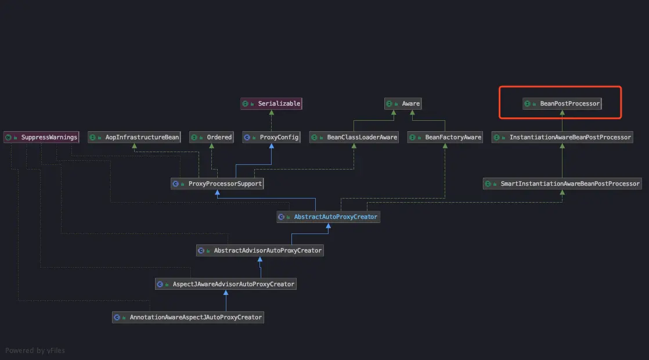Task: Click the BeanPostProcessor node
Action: tap(562, 104)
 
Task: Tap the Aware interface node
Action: tap(403, 103)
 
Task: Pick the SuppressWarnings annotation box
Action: tap(41, 137)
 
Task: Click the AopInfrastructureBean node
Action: tap(135, 137)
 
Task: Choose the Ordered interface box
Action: tap(212, 137)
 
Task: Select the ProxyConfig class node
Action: tap(272, 137)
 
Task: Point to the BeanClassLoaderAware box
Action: tap(354, 137)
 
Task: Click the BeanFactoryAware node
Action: tap(445, 137)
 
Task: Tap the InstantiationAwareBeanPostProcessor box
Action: tap(562, 137)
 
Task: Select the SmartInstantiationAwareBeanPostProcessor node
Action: tap(562, 183)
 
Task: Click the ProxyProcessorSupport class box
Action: tap(217, 183)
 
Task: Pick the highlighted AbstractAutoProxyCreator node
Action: tap(329, 217)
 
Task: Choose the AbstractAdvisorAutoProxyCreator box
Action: tap(260, 250)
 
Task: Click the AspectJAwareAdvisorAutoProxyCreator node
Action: tap(226, 284)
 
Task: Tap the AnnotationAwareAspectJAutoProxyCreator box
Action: tap(188, 318)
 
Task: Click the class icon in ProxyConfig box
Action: tap(247, 138)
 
